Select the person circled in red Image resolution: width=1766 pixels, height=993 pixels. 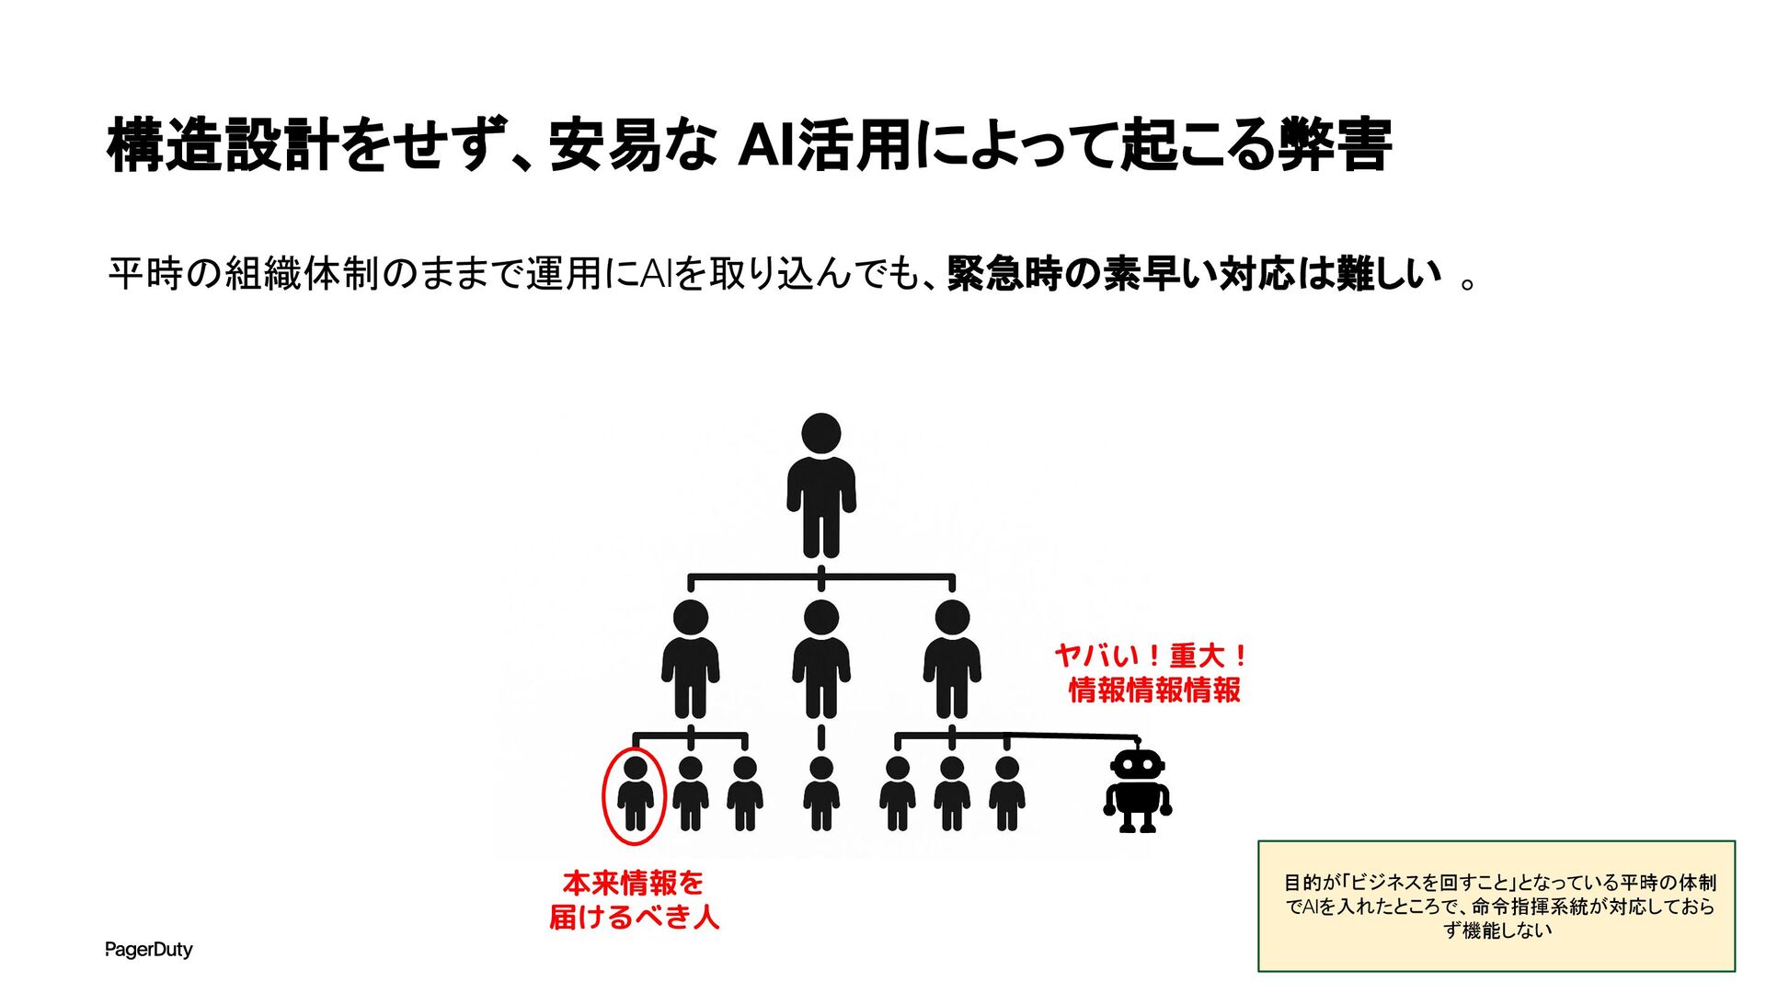(636, 794)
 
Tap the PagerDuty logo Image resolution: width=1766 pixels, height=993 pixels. (149, 949)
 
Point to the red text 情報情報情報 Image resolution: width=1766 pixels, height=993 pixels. (1154, 690)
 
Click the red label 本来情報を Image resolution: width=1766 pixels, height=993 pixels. (634, 883)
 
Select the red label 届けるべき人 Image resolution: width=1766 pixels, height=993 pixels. (634, 917)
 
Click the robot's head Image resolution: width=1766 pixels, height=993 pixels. (1138, 765)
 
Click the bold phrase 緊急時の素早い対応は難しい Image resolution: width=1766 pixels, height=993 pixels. (1194, 273)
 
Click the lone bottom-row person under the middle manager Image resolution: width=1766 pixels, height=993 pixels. (821, 794)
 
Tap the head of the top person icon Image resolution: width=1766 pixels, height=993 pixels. (821, 433)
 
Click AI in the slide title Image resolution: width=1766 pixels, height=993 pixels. (765, 145)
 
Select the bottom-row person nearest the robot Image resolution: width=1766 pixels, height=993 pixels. (1007, 794)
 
